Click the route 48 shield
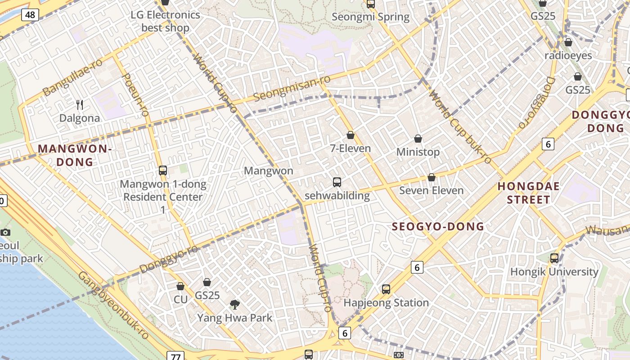(x=30, y=15)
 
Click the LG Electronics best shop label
(x=165, y=21)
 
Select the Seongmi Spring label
(x=370, y=17)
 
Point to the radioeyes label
(x=568, y=55)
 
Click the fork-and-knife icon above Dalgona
(x=80, y=105)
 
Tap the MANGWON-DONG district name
(x=74, y=155)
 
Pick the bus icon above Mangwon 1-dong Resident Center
(x=163, y=171)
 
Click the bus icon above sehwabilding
(x=337, y=182)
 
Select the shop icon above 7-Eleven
(x=351, y=135)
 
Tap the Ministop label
(x=418, y=152)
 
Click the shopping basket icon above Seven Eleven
(x=432, y=178)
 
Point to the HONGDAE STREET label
(x=528, y=193)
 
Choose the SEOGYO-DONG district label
(x=437, y=227)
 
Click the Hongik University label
(x=554, y=272)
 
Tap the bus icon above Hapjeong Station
(x=386, y=289)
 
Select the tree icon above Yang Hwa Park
(x=234, y=305)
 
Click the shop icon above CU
(x=180, y=286)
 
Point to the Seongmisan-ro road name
(x=292, y=88)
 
